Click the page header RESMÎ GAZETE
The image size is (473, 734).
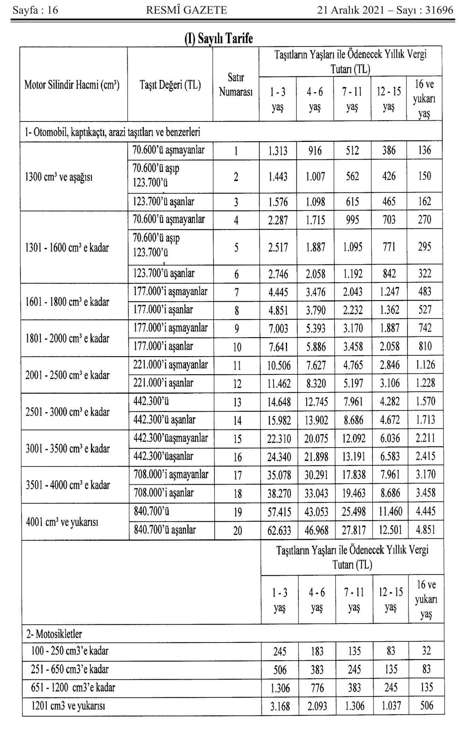186,10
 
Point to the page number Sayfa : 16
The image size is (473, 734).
35,10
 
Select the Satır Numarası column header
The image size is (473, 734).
236,85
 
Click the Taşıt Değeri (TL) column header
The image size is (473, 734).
170,85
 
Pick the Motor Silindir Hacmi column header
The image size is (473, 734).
72,85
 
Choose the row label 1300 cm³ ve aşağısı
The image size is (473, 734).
59,177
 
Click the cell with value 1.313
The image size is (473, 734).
278,151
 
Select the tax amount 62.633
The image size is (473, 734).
279,531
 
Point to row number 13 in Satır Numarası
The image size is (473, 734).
237,402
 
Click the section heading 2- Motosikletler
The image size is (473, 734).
54,634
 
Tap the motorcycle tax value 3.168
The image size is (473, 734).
280,706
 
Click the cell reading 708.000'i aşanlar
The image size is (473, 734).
164,493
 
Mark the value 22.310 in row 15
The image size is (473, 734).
279,439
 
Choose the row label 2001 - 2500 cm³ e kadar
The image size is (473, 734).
67,375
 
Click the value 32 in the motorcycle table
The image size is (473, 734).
426,651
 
